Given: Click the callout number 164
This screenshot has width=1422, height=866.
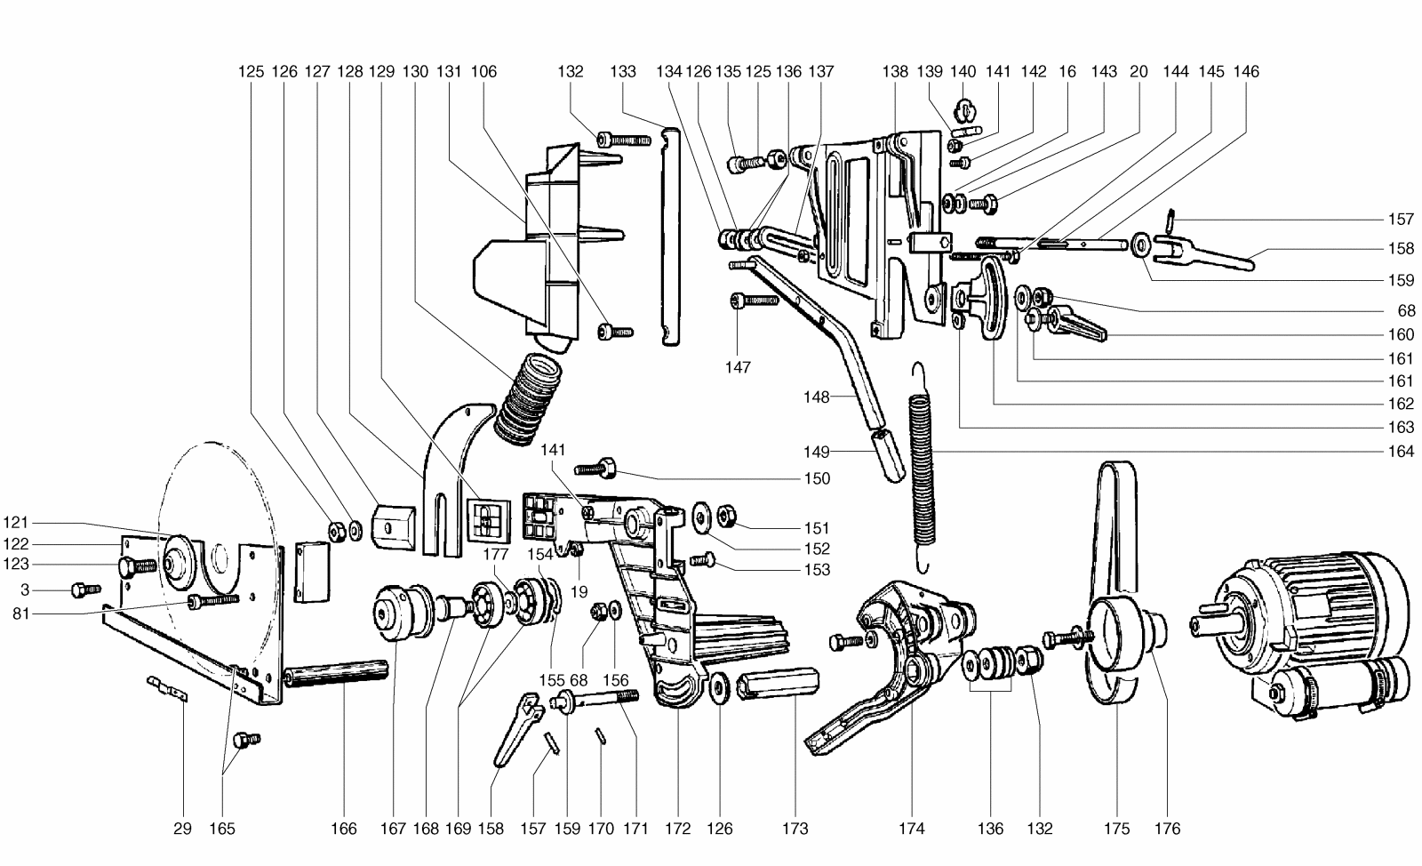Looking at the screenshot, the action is click(1401, 452).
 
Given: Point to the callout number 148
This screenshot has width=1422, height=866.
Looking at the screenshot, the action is click(817, 397).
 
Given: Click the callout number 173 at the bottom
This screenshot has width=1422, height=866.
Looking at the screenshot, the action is click(795, 829).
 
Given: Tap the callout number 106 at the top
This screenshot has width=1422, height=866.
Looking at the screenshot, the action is click(483, 72).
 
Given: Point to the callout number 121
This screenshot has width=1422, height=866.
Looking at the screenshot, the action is click(16, 523).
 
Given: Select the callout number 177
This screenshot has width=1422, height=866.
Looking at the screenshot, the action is click(495, 554).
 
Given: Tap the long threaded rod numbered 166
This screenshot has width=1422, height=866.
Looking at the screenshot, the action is click(337, 673).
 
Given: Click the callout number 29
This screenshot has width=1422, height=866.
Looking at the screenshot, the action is click(182, 829).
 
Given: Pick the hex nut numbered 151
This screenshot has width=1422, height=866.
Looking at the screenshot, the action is click(725, 515).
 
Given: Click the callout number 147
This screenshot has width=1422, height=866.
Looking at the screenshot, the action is click(738, 367).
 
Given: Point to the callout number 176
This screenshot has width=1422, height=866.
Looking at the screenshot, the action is click(1168, 829).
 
